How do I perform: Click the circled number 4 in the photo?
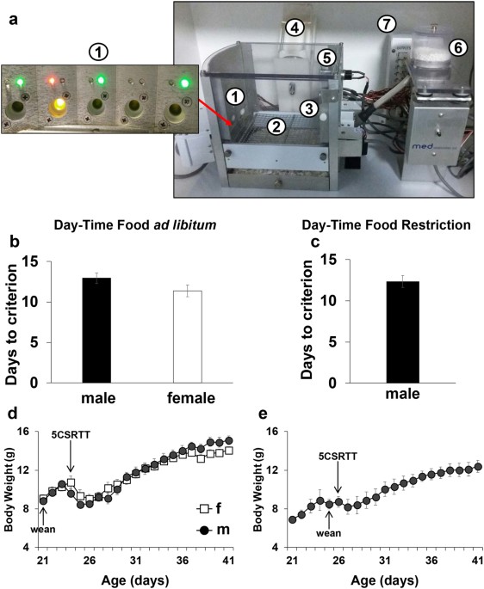click(294, 28)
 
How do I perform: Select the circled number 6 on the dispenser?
click(458, 49)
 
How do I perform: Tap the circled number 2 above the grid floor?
click(276, 126)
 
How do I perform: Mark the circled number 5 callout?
click(326, 58)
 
